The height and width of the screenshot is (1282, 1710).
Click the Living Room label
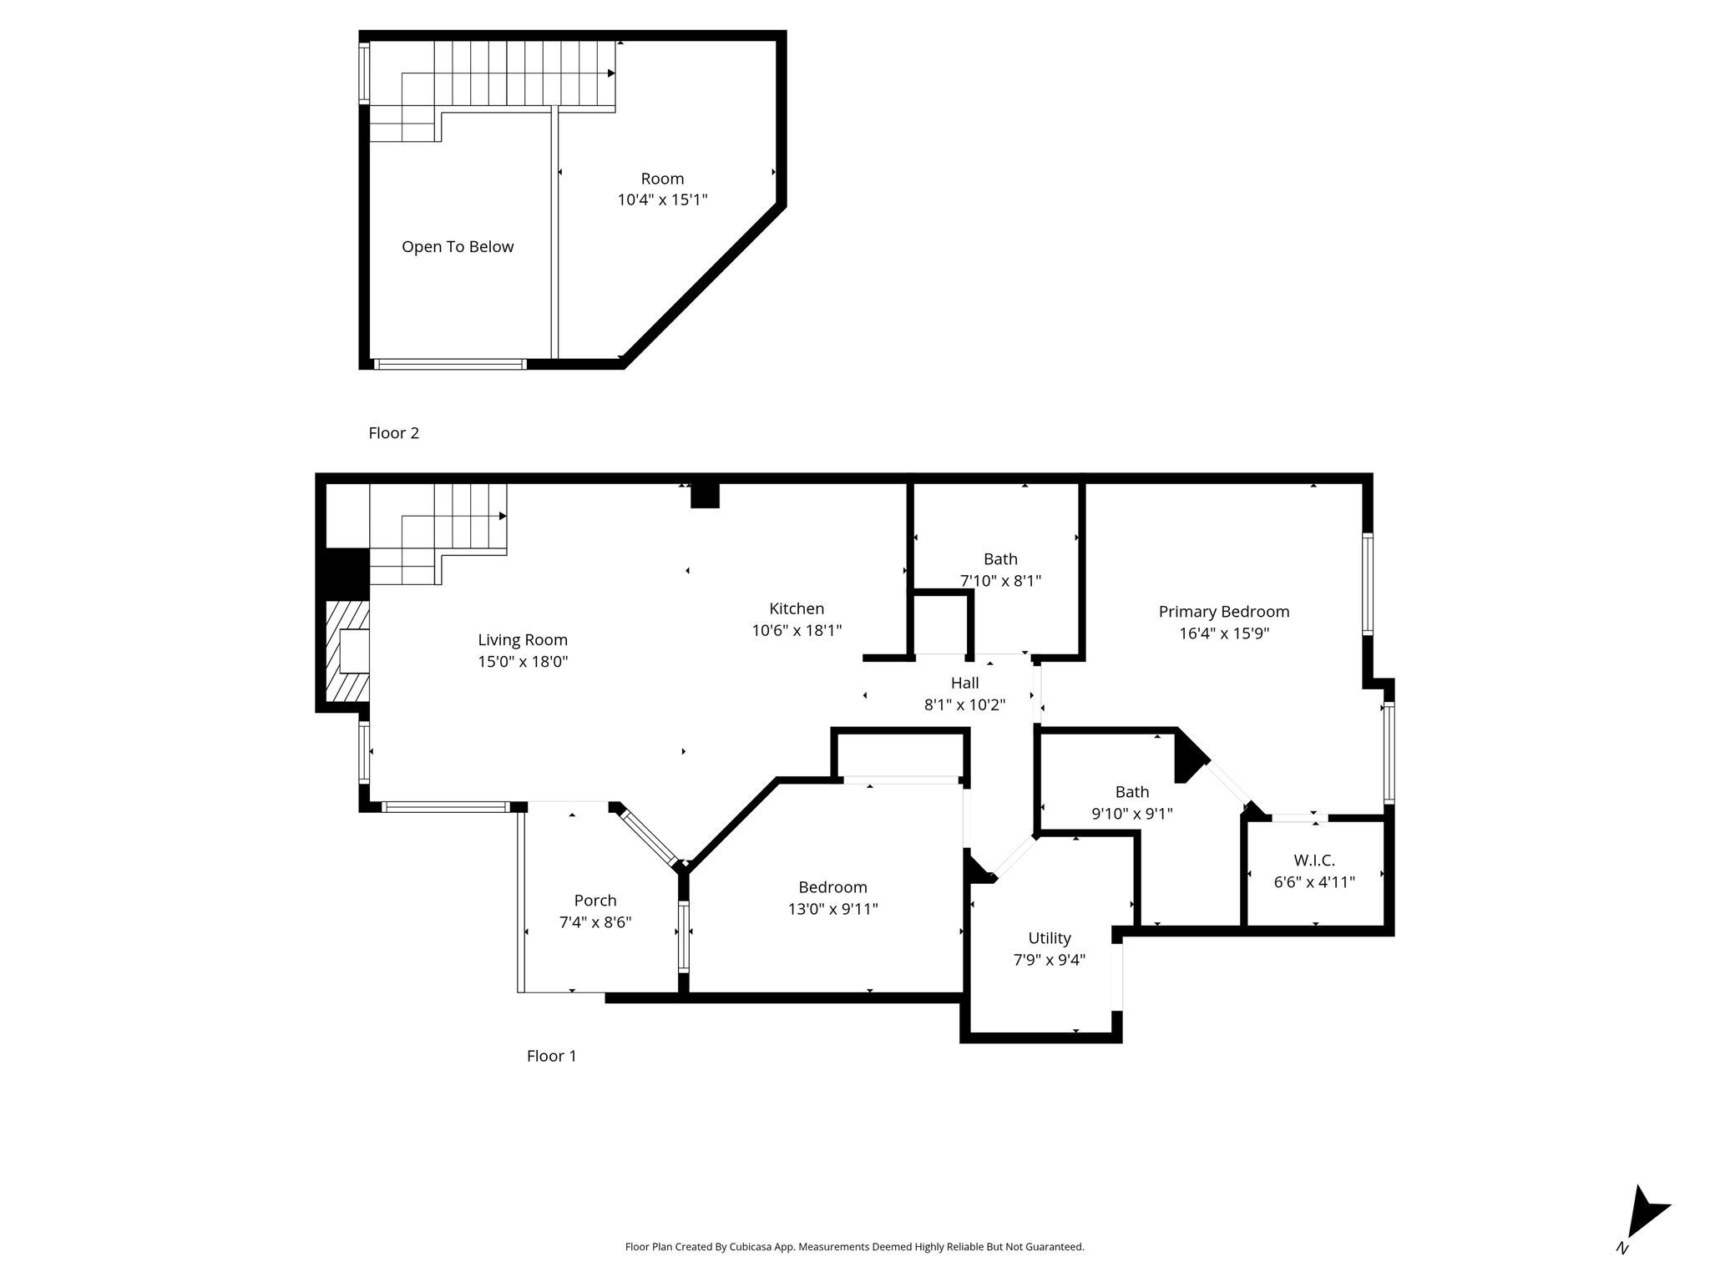coord(523,640)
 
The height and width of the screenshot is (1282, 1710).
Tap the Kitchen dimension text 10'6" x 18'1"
coord(797,631)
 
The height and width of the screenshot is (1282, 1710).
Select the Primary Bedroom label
coord(1224,612)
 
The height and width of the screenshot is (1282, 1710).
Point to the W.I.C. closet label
coord(1314,861)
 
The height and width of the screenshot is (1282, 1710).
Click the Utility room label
coord(1050,938)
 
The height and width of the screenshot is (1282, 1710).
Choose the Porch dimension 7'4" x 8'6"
coord(595,922)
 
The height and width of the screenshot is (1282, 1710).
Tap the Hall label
coord(964,683)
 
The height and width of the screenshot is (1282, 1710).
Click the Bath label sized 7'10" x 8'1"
coord(1000,559)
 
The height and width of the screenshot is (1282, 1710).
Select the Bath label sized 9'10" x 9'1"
coord(1132,792)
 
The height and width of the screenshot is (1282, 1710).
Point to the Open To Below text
coord(458,247)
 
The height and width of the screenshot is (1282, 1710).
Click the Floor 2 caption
coord(393,433)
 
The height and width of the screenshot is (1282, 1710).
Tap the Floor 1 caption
coord(551,1056)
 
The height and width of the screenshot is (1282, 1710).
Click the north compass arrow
coord(1645,1214)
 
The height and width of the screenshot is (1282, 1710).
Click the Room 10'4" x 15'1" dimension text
coord(662,200)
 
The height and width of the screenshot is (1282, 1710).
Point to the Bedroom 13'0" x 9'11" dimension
coord(832,909)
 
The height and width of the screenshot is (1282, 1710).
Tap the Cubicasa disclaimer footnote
coord(854,1247)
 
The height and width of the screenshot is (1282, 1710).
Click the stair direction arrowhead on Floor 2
coord(611,73)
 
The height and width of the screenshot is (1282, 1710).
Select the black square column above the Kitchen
coord(705,496)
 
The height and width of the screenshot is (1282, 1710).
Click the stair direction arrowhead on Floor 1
coord(503,516)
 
